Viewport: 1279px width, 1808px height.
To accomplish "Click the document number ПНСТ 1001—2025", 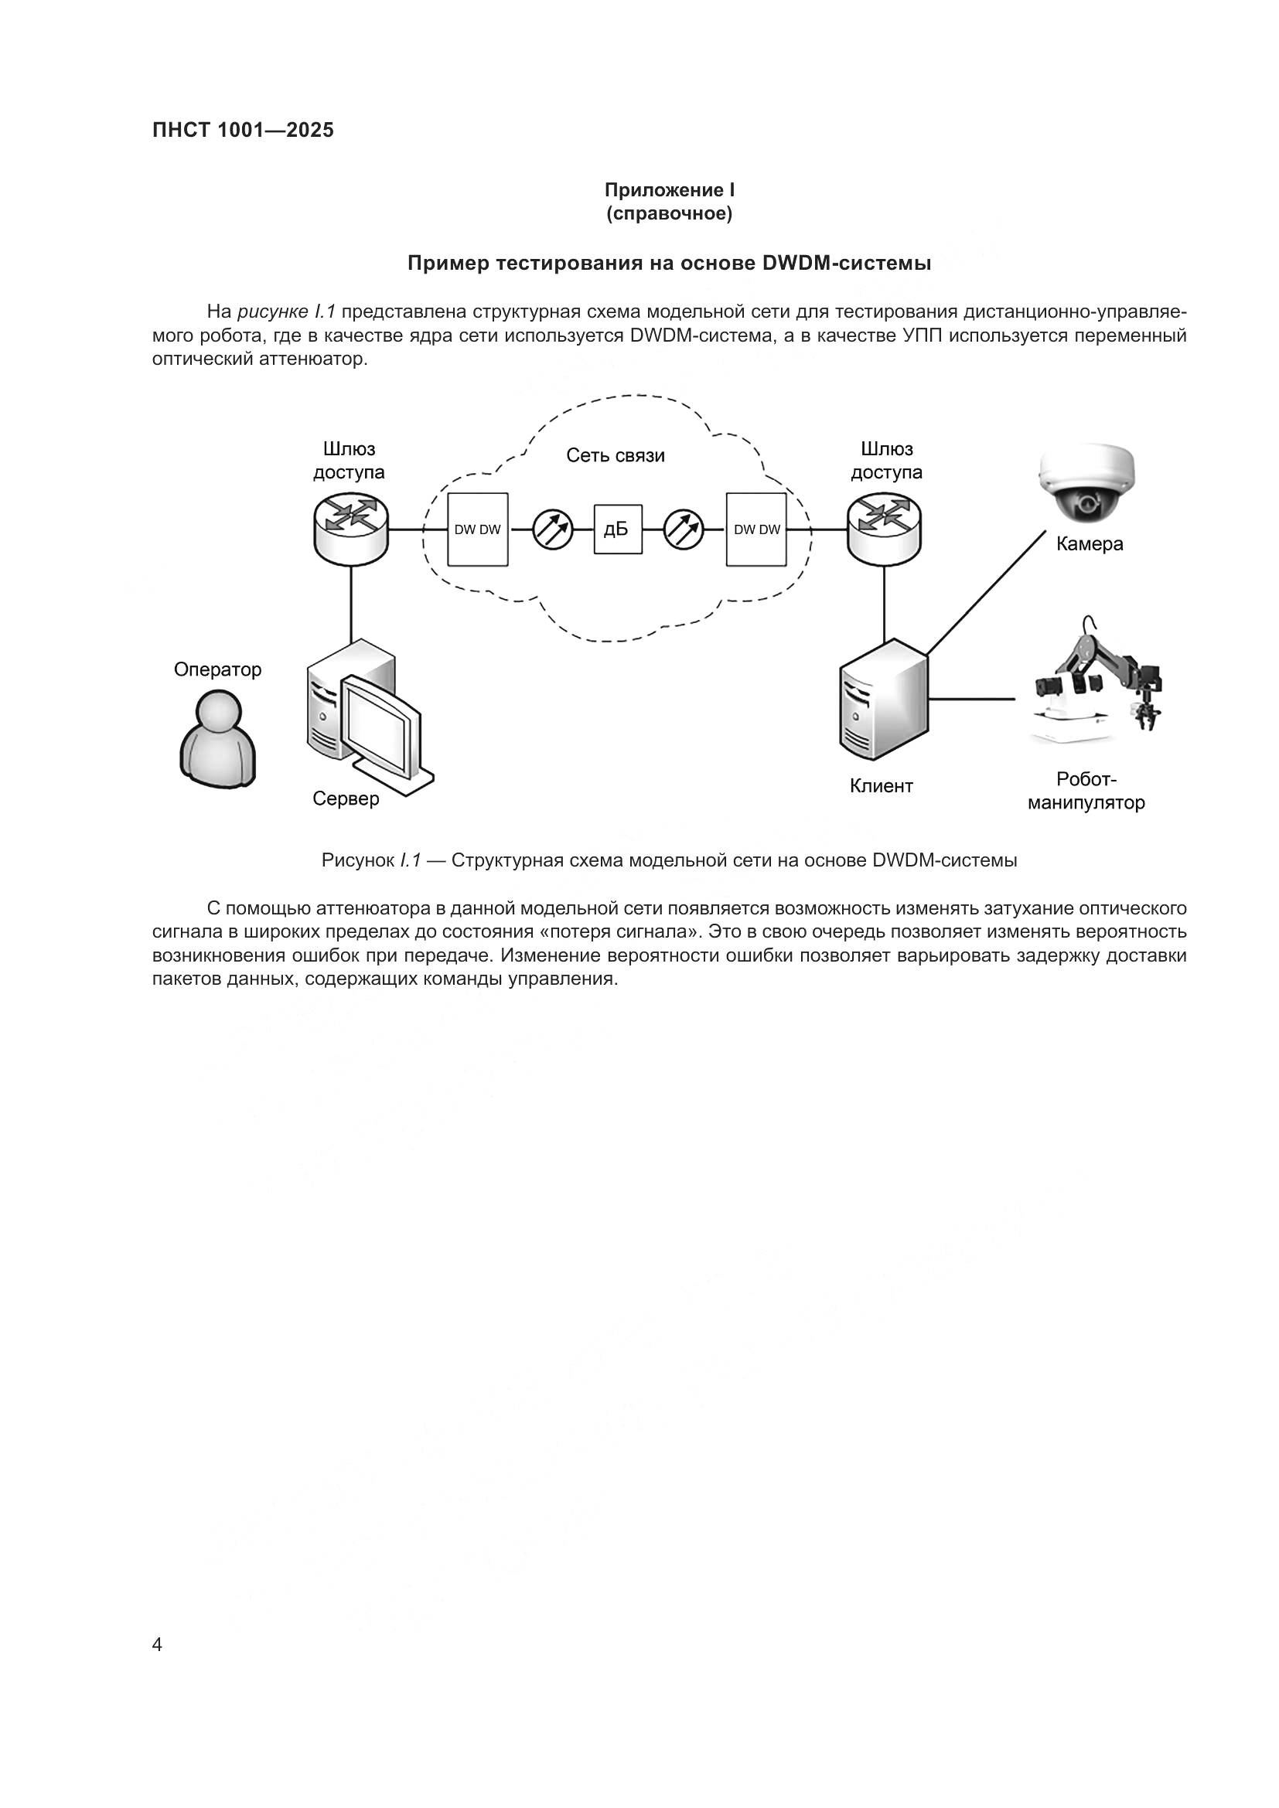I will pos(243,131).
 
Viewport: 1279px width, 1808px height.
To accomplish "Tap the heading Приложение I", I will pos(670,190).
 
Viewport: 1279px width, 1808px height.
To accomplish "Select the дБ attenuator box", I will pos(617,529).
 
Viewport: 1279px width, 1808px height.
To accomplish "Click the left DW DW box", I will pos(477,529).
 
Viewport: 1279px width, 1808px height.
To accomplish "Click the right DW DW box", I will pos(756,529).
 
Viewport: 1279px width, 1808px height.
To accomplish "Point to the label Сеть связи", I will pos(615,455).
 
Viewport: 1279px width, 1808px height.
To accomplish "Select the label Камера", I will pos(1090,543).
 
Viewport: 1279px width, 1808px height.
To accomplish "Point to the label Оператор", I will pos(217,669).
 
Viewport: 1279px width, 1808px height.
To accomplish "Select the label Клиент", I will pos(882,785).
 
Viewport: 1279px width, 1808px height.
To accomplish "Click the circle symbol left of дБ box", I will pos(552,529).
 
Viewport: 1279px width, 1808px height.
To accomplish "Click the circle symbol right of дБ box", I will pos(683,529).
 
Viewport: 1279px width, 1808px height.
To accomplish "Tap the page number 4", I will pos(157,1644).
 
